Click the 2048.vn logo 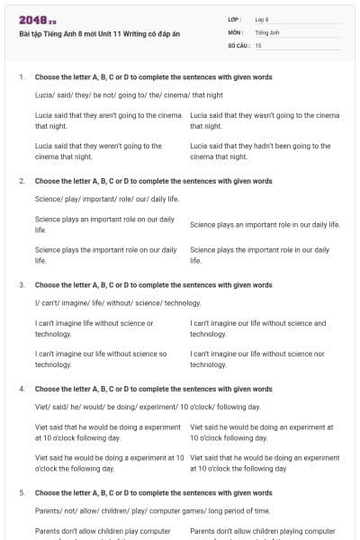click(38, 21)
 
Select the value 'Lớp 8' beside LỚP click(262, 19)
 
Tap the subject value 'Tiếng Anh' click(267, 31)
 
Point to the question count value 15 click(258, 44)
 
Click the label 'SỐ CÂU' click(238, 44)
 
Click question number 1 click(21, 78)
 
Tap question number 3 click(21, 285)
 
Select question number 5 click(21, 493)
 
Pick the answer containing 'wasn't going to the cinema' click(265, 121)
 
